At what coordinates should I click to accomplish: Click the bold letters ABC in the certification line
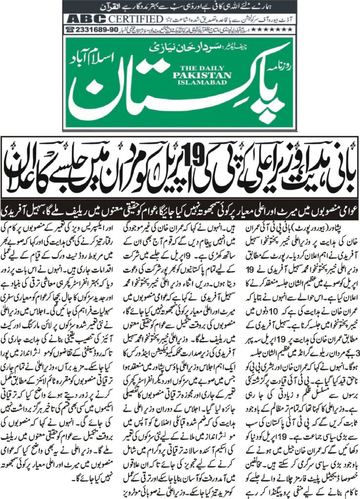click(84, 19)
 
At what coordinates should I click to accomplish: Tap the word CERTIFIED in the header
click(133, 19)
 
